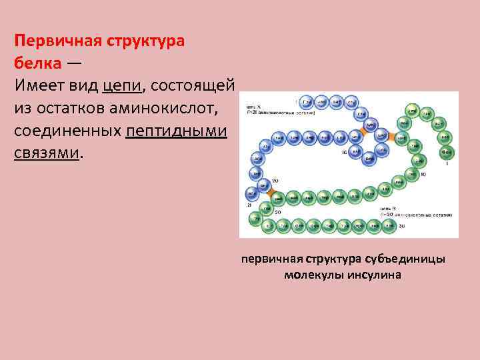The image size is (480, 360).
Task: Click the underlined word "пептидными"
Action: tap(177, 130)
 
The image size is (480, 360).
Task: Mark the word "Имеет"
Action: tap(35, 85)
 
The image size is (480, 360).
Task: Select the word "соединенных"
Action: tap(67, 130)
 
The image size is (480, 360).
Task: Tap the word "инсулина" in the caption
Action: tap(375, 275)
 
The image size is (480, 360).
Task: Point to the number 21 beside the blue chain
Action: tap(249, 205)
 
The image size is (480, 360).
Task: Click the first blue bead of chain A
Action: tap(307, 102)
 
